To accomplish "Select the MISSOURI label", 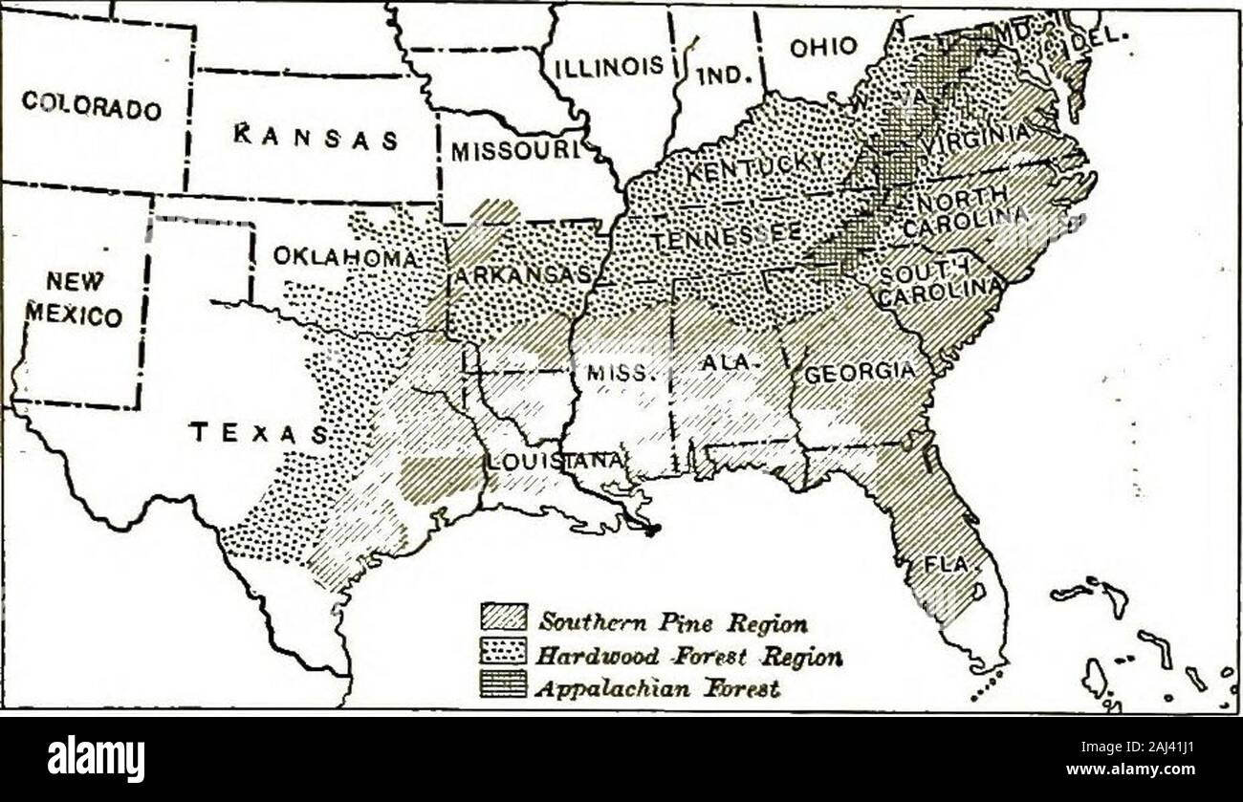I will pos(515,151).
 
